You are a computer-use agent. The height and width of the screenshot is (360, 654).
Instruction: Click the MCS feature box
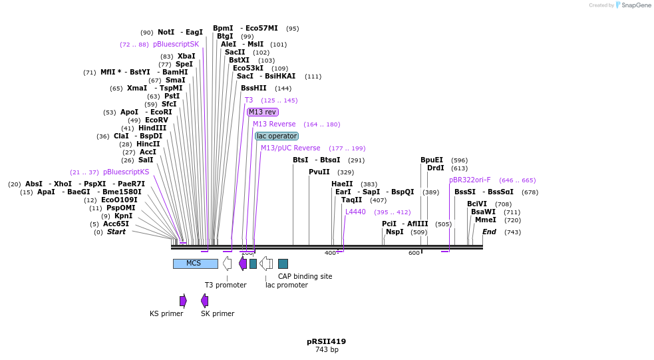[195, 264]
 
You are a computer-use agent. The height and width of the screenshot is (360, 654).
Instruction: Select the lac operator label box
[277, 136]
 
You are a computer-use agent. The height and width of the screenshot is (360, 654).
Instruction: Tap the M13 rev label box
[262, 112]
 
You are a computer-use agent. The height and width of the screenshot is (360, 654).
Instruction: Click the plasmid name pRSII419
[326, 341]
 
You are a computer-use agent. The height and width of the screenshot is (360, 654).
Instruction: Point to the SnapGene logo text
[637, 5]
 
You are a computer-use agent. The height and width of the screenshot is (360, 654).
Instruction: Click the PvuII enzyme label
[319, 172]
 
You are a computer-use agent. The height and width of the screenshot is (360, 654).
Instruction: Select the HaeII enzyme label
[342, 184]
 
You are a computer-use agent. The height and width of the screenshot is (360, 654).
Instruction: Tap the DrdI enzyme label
[436, 168]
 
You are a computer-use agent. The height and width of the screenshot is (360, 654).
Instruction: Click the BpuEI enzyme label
[432, 160]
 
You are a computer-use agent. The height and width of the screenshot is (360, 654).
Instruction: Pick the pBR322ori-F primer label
[470, 180]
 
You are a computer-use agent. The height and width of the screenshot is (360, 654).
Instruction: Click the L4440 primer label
[355, 212]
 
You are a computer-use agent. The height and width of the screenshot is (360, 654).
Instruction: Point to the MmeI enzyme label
[486, 220]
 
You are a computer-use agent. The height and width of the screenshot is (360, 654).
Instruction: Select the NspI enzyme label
[395, 232]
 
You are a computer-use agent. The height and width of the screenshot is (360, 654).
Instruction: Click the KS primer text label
[166, 313]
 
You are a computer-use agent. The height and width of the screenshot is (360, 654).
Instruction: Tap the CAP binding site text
[305, 276]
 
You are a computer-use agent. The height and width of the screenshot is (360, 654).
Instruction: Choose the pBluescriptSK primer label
[176, 44]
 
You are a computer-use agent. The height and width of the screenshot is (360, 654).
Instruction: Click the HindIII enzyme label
[152, 128]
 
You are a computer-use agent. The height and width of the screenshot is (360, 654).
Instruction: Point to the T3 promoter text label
[226, 285]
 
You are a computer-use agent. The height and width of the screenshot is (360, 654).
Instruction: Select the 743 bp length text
[326, 350]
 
